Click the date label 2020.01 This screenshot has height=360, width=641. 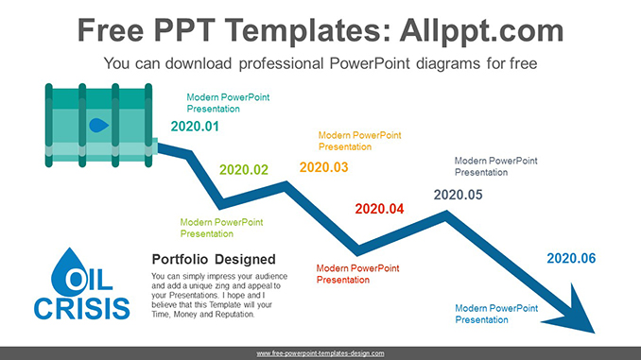[195, 127]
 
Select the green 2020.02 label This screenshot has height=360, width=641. [244, 170]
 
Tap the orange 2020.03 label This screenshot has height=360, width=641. [323, 167]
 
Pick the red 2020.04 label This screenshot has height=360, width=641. [378, 209]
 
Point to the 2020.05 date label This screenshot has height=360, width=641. [458, 195]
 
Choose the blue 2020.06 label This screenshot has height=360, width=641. [571, 258]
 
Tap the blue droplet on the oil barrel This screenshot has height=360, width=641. [97, 124]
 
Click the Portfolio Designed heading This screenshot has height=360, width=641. [214, 259]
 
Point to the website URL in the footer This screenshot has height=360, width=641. [320, 353]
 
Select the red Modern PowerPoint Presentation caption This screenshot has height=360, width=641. [358, 273]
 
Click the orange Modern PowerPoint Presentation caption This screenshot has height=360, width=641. [359, 141]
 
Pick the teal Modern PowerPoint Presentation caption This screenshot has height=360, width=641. [228, 102]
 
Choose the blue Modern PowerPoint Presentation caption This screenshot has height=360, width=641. [496, 314]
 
